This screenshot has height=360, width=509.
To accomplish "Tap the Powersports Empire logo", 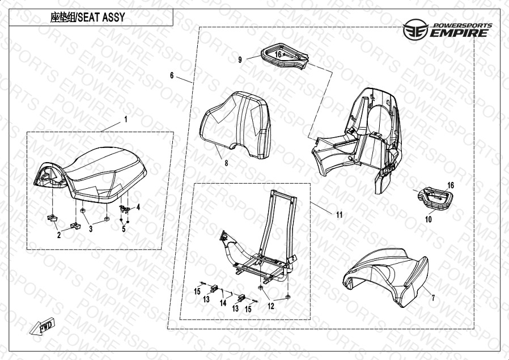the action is coord(447,29).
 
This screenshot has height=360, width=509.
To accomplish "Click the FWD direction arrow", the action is coord(42,326).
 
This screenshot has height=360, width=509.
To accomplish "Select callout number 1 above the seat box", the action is coord(126,120).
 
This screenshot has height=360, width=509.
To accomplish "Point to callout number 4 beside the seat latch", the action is coord(138,207).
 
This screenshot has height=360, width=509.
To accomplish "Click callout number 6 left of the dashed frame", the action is coord(172,75).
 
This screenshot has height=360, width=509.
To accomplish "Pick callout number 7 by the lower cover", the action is coord(433,297).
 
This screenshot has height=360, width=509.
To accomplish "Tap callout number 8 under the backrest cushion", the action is coord(226,163).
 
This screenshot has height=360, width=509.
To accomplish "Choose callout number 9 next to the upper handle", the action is coord(240,60).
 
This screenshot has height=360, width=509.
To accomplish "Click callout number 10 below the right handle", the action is coord(429,219).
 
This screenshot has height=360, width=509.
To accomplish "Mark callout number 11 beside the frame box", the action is coord(339,214).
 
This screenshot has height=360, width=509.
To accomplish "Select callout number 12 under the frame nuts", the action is coord(271,306).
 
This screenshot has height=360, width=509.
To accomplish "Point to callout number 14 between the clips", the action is coord(223,303).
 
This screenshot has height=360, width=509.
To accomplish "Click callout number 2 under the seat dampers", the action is coord(59,235).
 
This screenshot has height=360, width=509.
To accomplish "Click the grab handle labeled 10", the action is coord(435,198).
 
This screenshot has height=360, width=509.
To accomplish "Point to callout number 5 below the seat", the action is coord(124,229).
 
